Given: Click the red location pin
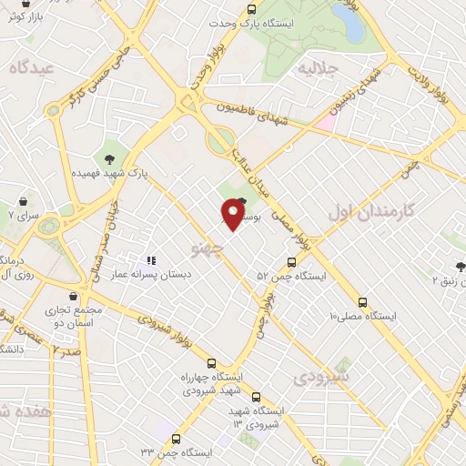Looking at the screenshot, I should point(233,214).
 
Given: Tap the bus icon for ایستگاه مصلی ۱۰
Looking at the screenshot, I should point(362,301).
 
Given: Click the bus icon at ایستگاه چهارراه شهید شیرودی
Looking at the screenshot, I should point(211,361).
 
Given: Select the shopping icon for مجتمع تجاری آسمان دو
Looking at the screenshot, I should point(73,296).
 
